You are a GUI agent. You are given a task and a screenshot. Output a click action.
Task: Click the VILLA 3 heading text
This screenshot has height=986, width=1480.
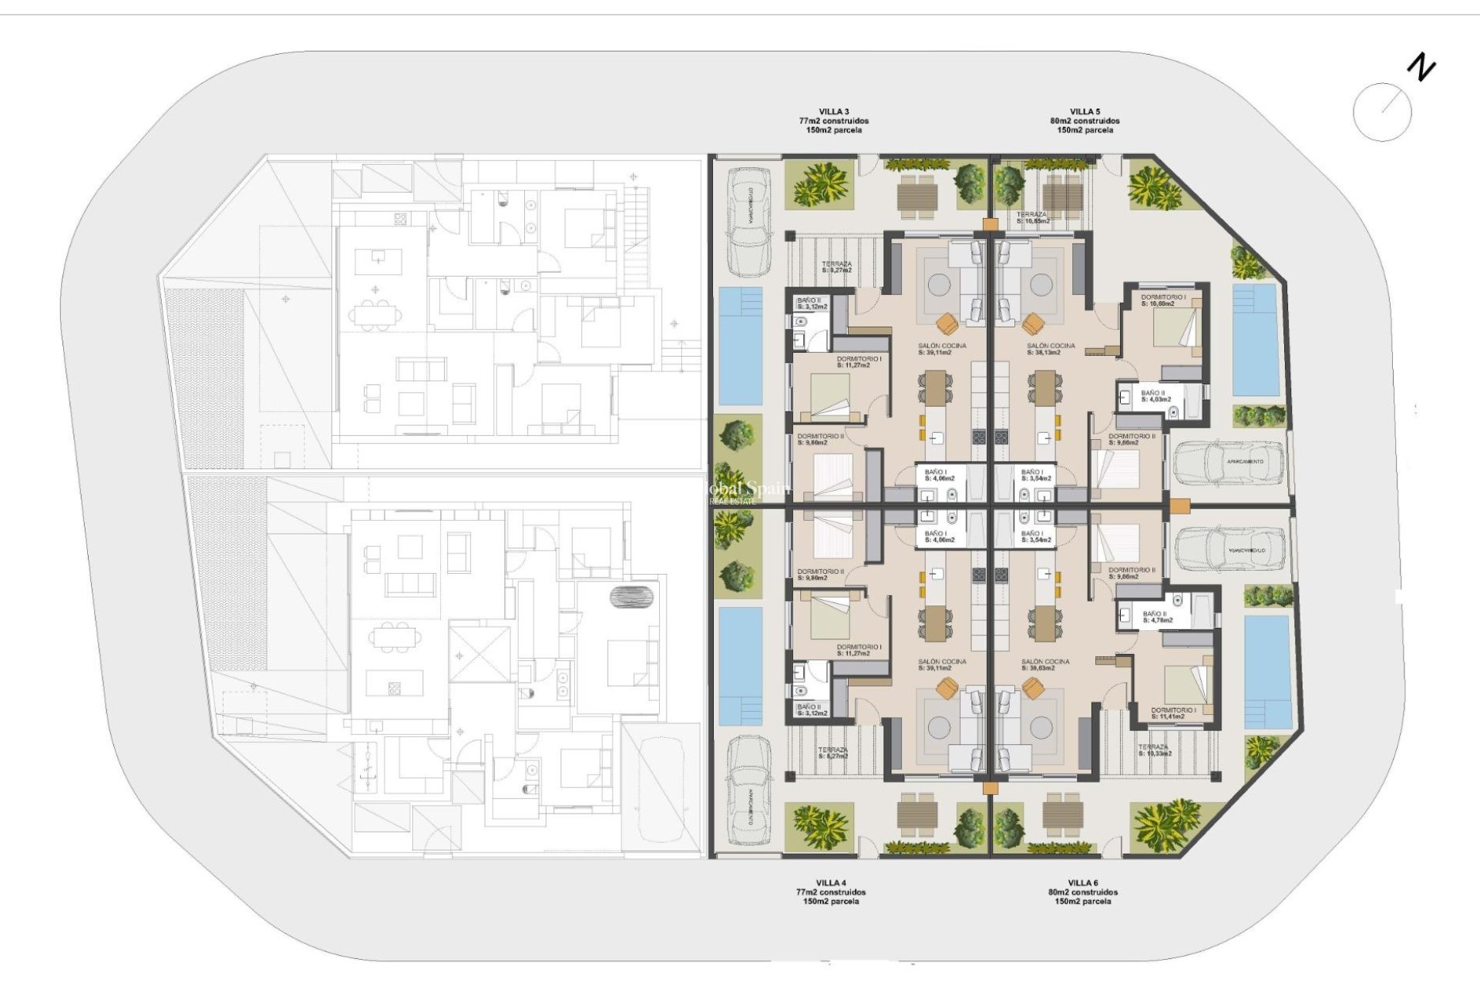coord(834,112)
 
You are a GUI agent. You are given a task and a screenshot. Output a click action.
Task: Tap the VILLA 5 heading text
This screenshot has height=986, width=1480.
coord(1085,112)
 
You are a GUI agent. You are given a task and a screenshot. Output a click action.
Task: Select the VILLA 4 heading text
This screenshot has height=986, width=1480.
coord(831,883)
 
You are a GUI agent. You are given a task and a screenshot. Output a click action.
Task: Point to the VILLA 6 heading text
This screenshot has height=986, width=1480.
coord(1083,883)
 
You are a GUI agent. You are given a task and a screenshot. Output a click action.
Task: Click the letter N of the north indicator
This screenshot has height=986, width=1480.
coord(1421,68)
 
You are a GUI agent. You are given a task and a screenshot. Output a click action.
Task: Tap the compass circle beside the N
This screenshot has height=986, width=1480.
coord(1382,112)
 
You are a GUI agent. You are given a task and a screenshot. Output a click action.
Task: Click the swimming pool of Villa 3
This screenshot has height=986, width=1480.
coord(740,346)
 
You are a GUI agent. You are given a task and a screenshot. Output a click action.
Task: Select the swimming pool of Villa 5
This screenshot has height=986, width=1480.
coord(1255,340)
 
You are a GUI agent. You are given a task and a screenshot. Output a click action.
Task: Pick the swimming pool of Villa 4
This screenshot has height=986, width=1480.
coord(740,666)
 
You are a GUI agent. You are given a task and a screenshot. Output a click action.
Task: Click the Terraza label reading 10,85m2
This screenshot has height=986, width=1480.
coord(1033,218)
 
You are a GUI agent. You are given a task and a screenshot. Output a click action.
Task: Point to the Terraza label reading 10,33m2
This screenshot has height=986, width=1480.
coord(1155,750)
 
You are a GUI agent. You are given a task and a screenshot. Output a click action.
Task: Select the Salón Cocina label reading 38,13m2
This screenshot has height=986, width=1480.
coord(1051,349)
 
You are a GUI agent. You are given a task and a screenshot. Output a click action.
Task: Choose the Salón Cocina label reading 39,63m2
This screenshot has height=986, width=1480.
coord(1045,665)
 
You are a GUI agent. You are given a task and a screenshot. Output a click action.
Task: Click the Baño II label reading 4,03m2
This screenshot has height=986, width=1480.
coord(1155,396)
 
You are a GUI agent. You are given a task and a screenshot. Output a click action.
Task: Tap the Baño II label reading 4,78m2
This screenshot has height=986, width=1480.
coord(1156,617)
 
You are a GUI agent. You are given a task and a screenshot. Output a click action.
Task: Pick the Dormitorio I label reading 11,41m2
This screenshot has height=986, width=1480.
coord(1173,713)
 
